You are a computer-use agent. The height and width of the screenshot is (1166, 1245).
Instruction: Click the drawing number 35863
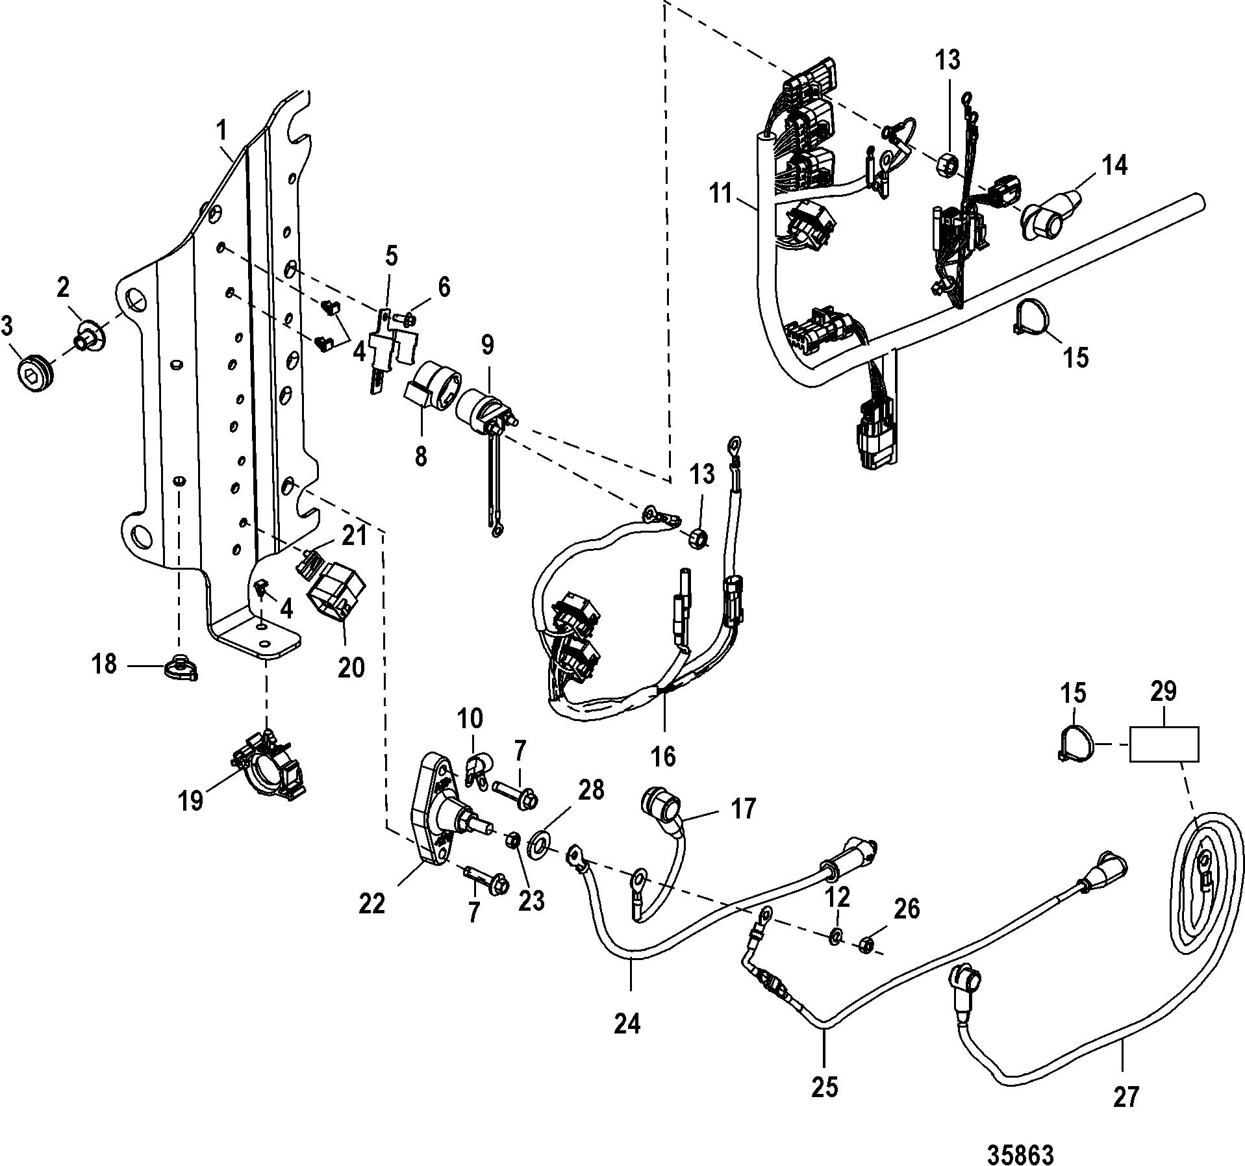(1020, 1136)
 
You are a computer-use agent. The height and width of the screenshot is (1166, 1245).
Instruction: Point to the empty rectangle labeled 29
(1164, 744)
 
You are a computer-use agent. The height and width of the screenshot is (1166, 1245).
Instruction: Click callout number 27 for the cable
(1126, 1096)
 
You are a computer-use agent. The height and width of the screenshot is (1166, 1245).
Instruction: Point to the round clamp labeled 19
(270, 768)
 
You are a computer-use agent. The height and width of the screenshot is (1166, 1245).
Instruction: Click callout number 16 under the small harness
(663, 755)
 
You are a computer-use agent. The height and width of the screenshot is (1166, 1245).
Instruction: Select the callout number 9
(487, 346)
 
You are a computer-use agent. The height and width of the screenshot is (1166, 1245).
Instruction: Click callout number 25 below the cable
(824, 1085)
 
